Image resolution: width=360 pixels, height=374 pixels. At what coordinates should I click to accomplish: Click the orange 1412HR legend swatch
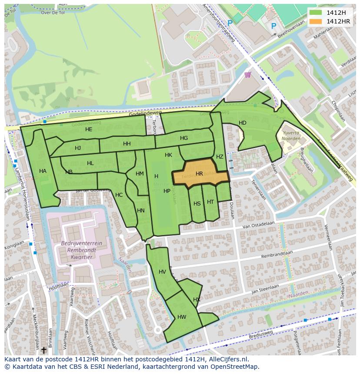point(316,21)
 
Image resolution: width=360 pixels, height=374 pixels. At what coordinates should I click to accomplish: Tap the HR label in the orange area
point(199,174)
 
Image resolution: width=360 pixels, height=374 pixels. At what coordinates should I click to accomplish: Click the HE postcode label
point(89,129)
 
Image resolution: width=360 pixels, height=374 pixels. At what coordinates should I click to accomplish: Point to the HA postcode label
point(43,171)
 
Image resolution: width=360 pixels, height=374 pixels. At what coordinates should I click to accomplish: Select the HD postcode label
point(243,123)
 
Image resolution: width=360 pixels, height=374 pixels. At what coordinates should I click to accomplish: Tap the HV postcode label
point(162,272)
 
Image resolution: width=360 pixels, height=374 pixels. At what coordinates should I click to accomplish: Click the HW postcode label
point(182,317)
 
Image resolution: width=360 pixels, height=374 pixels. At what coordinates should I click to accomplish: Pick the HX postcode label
point(197,300)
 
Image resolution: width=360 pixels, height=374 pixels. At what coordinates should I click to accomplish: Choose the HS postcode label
point(197,204)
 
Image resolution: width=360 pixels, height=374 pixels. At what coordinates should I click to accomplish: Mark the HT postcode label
point(210,202)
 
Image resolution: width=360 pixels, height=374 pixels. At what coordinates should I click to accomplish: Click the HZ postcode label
point(220,157)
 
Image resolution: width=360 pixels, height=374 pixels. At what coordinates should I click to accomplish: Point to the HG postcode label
point(184,138)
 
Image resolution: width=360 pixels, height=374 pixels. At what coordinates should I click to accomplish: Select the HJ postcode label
point(78,148)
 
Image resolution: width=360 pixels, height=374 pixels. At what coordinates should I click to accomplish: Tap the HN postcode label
point(141,211)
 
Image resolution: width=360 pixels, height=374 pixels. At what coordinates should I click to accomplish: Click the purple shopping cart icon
point(248,75)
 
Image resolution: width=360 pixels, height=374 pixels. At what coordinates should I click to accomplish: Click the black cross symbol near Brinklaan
point(43,349)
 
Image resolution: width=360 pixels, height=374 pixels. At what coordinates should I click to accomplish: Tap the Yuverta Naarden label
point(291,136)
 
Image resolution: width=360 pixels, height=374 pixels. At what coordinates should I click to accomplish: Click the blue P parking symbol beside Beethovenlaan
point(273,26)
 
